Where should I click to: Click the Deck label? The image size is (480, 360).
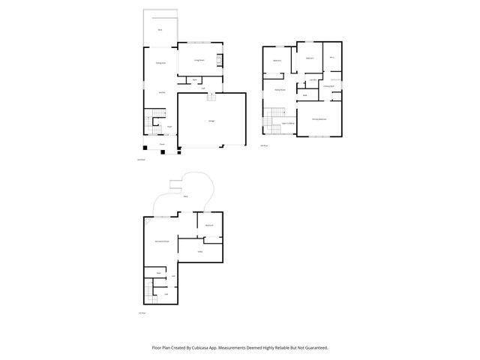click(160, 30)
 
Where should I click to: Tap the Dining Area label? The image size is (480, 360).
click(160, 64)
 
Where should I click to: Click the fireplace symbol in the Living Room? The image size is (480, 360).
click(220, 61)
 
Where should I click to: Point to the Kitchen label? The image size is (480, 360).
click(160, 91)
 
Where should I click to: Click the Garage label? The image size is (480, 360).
click(211, 121)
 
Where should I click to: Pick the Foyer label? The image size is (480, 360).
click(169, 127)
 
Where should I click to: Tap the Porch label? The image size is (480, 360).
click(161, 143)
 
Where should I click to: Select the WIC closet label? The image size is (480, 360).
click(331, 58)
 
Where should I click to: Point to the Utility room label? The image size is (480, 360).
click(200, 252)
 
